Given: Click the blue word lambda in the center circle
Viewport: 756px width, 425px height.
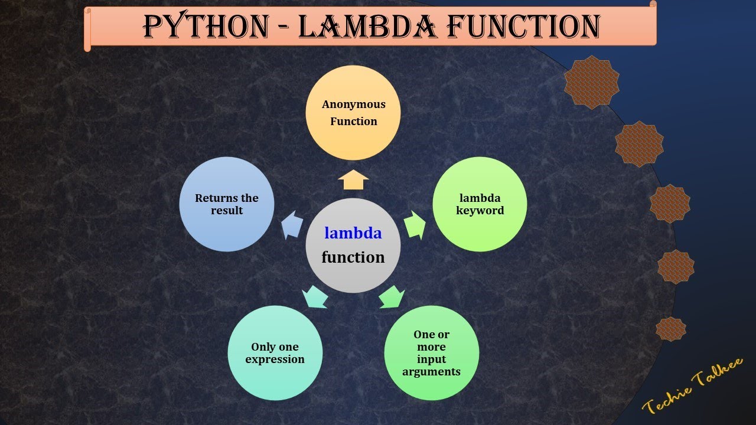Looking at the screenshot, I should (353, 233).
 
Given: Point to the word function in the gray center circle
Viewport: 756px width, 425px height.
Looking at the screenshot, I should (353, 257).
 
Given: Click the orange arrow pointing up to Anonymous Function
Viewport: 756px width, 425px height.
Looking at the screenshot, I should (353, 179).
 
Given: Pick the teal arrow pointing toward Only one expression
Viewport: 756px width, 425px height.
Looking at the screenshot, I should (315, 296).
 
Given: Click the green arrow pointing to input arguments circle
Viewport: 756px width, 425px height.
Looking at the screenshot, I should (391, 296).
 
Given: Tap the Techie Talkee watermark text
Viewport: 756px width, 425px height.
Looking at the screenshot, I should (692, 387).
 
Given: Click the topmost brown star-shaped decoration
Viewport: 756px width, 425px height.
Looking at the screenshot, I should (592, 82).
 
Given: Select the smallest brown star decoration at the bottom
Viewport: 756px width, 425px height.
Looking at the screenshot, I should (671, 329).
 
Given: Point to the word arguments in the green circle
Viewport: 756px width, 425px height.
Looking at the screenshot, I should (431, 372).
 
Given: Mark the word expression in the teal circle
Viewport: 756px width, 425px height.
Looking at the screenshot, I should (275, 359).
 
